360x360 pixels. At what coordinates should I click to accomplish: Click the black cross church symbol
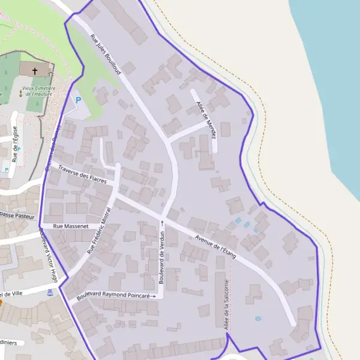34,71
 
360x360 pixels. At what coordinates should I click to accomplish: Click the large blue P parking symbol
77,100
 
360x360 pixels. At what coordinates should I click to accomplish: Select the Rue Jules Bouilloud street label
106,54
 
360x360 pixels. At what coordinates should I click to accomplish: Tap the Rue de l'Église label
14,143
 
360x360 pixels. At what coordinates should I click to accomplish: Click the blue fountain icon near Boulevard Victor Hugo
50,292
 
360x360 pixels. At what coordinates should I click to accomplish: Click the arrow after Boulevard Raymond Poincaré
154,296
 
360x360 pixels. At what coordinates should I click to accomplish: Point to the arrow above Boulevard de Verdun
161,223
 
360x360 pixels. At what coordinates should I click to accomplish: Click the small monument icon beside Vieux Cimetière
20,94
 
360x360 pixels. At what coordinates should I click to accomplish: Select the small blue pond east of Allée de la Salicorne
258,318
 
